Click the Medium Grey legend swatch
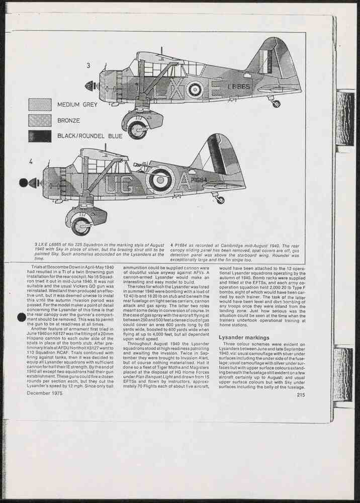[x=40, y=105]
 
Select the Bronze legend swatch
[x=40, y=121]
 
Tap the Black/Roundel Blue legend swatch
[x=40, y=136]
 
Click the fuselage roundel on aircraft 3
[x=194, y=90]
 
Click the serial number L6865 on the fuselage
[x=238, y=87]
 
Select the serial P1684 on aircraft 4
[x=198, y=180]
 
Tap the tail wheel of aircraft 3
[x=276, y=104]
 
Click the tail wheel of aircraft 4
[x=220, y=200]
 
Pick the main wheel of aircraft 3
[x=137, y=129]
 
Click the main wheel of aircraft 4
[x=80, y=226]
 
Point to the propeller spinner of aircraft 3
[x=91, y=86]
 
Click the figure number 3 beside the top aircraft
[x=88, y=65]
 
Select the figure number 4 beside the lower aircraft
[x=31, y=161]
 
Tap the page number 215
[x=301, y=395]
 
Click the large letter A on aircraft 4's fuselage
[x=184, y=182]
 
